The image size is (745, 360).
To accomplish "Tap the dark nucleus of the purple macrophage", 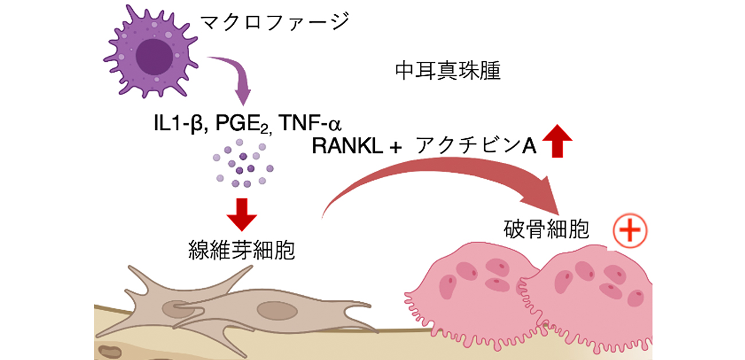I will [154, 57].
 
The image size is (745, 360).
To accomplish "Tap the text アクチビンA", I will [476, 147].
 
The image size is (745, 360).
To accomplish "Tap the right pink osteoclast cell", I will [590, 298].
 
